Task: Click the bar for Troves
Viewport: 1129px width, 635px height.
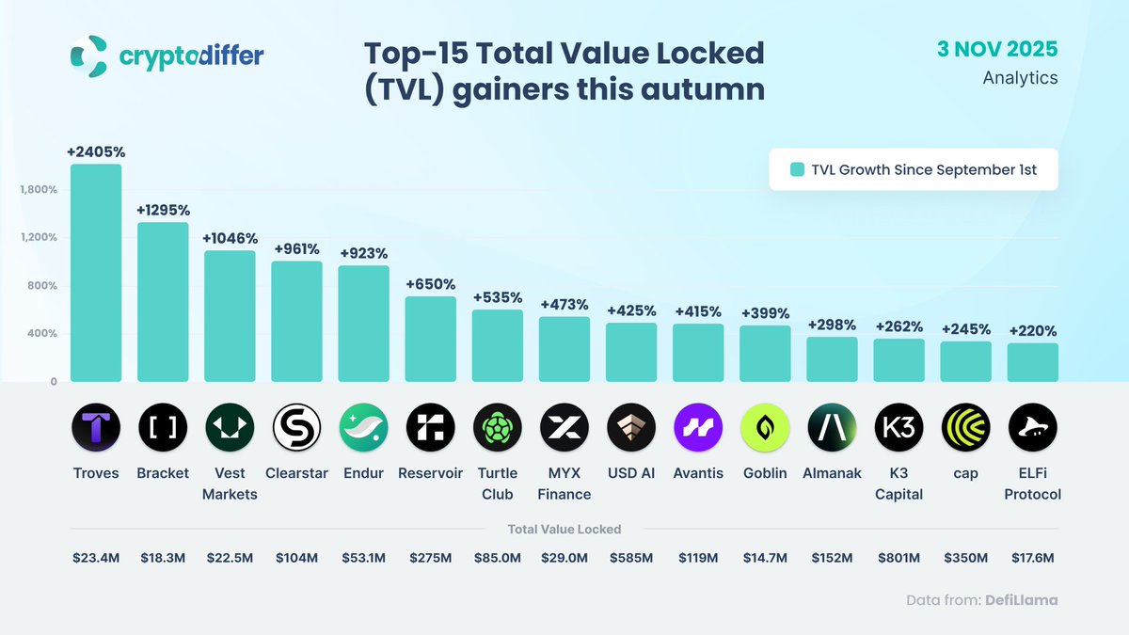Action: tap(96, 273)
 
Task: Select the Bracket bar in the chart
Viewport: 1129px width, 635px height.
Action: tap(163, 301)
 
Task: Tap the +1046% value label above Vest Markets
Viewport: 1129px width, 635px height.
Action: tap(230, 239)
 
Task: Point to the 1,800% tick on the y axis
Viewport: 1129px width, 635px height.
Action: tap(39, 189)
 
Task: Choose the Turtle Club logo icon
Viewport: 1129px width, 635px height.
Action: tap(498, 429)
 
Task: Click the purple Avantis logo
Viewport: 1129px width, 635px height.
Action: tap(698, 429)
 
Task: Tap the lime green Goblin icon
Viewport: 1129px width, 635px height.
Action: tap(765, 429)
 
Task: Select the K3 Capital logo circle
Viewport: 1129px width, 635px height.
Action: tap(898, 429)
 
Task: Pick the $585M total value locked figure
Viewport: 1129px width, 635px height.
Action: tap(631, 558)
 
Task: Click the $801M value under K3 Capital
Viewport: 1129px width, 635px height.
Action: tap(898, 558)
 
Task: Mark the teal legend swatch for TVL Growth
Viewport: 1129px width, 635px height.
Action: tap(797, 170)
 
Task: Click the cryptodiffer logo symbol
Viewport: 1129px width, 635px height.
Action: tap(89, 56)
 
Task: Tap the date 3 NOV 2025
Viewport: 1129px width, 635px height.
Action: tap(997, 49)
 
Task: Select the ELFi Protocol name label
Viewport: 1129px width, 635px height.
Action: tap(1032, 483)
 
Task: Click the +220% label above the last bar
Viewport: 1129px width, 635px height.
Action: tap(1032, 331)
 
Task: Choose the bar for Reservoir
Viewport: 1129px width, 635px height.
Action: tap(431, 339)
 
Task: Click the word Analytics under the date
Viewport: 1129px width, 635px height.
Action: tap(1020, 78)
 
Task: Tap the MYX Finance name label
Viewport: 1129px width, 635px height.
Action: tap(564, 483)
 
